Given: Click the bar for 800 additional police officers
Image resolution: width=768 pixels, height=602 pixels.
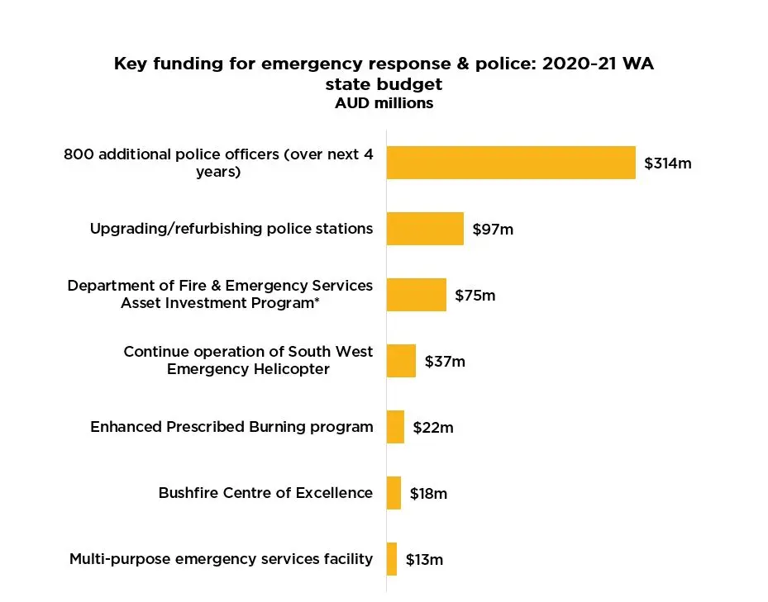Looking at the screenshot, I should pyautogui.click(x=511, y=163).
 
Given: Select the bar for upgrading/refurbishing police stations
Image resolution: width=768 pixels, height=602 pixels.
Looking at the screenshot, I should pyautogui.click(x=425, y=229).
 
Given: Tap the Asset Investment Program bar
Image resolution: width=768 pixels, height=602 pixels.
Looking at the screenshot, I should pyautogui.click(x=416, y=295).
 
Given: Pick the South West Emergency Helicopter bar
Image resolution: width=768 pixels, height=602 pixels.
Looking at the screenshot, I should pyautogui.click(x=401, y=361).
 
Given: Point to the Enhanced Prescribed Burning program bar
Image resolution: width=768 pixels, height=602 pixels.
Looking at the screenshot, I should pyautogui.click(x=395, y=427).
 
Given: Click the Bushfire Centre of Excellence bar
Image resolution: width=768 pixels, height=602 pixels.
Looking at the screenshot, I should pyautogui.click(x=394, y=493).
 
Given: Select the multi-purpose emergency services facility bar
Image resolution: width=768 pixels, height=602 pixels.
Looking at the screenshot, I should pyautogui.click(x=392, y=559).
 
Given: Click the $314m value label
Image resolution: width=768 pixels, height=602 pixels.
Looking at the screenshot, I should pyautogui.click(x=667, y=164).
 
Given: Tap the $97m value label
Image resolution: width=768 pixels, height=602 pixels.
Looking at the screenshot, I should pyautogui.click(x=493, y=230).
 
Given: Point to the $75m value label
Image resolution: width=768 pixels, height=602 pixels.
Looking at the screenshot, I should pyautogui.click(x=475, y=296).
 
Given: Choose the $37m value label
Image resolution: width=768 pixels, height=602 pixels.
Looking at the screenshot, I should pyautogui.click(x=445, y=362).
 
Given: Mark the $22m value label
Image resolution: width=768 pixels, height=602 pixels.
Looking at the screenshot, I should pyautogui.click(x=433, y=428).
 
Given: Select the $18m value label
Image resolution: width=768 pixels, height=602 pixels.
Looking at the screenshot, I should pyautogui.click(x=428, y=494).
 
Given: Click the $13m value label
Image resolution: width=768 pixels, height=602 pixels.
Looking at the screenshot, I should pyautogui.click(x=424, y=560).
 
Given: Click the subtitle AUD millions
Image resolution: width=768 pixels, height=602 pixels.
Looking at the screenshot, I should pyautogui.click(x=384, y=103).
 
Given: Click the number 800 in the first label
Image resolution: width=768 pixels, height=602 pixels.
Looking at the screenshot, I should pyautogui.click(x=78, y=154).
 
